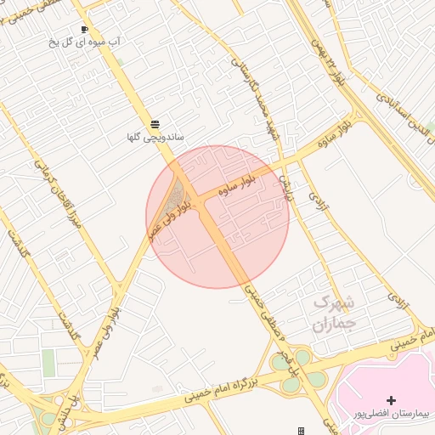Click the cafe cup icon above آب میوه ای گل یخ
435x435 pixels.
tap(83, 30)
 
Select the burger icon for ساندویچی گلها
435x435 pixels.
tap(155, 124)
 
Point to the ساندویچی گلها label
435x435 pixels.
tap(155, 137)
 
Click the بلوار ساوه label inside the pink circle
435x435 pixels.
tap(223, 190)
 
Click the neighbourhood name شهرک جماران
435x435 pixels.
tap(327, 312)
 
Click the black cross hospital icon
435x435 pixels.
tap(391, 399)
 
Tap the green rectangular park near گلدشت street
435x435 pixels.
tap(48, 363)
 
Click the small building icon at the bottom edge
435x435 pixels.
tap(301, 431)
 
